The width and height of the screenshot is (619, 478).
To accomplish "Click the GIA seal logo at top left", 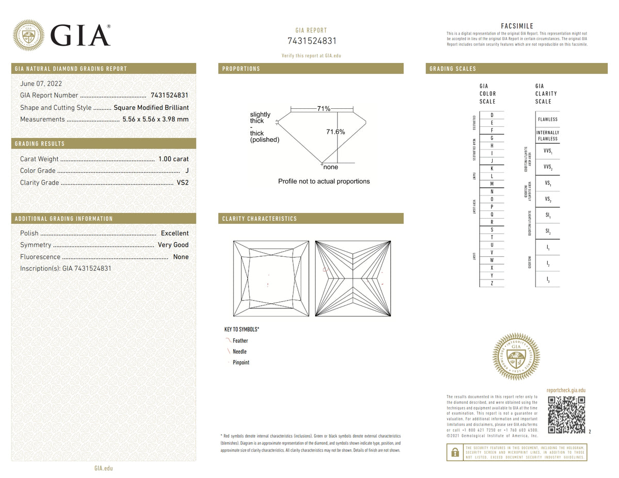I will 28,35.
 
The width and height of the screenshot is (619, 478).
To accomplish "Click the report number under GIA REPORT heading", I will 311,41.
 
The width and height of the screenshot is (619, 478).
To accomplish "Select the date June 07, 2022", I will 41,84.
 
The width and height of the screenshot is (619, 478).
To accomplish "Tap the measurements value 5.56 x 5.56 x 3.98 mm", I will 155,119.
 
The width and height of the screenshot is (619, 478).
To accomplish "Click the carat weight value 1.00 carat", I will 173,159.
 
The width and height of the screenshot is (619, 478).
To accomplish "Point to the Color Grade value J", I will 186,171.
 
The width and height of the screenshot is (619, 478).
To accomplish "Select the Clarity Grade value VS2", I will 183,183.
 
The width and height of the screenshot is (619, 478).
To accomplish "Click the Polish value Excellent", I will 174,233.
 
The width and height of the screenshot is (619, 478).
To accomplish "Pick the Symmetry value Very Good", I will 173,245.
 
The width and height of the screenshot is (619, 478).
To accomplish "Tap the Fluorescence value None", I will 181,257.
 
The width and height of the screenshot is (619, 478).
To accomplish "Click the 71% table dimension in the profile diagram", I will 323,109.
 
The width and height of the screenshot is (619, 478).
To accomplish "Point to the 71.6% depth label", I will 335,132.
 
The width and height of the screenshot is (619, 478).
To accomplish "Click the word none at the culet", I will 330,167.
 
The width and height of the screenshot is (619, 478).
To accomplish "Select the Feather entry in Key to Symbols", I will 240,341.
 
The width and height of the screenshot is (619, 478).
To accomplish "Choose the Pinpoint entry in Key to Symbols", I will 241,362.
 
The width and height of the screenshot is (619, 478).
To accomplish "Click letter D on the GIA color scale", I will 492,115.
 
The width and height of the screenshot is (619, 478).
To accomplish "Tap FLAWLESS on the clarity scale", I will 547,119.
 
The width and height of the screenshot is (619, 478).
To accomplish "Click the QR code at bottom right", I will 566,415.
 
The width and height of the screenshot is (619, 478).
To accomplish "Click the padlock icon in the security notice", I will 454,452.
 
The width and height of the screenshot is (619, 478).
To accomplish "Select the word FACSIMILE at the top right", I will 517,26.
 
